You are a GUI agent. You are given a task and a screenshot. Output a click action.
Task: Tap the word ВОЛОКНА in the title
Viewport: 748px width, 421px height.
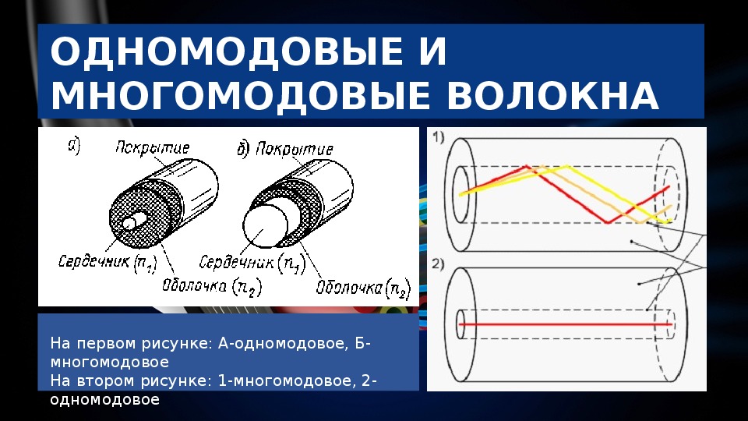(553, 95)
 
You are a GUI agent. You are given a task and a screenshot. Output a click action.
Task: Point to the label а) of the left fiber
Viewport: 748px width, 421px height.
(73, 145)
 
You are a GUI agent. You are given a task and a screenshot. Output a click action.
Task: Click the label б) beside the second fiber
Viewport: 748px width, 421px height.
(244, 150)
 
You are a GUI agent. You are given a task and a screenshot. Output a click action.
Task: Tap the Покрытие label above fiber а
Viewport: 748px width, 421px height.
(152, 147)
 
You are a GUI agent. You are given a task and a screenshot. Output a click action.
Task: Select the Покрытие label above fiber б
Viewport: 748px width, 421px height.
(295, 149)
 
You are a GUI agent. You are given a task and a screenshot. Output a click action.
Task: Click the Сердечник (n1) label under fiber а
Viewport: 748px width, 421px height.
(108, 262)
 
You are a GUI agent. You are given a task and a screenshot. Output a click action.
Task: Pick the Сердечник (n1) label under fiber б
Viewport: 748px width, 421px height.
(252, 263)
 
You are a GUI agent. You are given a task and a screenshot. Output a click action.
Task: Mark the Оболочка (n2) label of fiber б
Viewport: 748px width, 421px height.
(363, 288)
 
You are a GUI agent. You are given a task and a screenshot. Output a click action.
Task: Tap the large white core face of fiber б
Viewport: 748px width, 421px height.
(265, 225)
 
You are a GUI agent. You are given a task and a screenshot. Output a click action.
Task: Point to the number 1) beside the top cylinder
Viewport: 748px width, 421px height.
(439, 139)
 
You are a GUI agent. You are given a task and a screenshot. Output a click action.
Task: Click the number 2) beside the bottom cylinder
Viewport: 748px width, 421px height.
(438, 263)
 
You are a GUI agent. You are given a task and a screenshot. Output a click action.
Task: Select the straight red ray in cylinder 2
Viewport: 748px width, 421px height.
(566, 324)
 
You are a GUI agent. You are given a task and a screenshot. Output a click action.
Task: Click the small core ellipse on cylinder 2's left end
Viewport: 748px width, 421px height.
(460, 324)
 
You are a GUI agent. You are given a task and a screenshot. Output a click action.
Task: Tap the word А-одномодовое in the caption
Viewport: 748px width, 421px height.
(282, 344)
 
